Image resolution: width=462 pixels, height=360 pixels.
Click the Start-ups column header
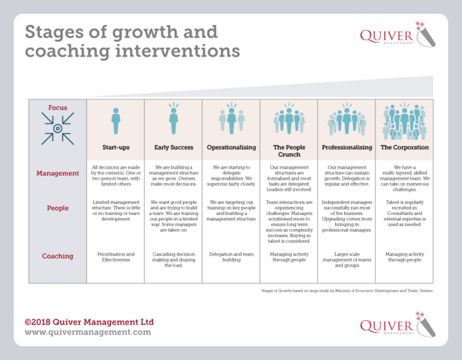point(115,147)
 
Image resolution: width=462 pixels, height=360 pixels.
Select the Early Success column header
point(173,147)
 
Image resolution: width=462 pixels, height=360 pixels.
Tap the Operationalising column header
point(231,147)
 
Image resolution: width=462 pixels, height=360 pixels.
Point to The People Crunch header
point(289,151)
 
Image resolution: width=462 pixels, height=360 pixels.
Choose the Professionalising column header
point(346,147)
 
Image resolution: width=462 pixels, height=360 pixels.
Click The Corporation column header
point(404,147)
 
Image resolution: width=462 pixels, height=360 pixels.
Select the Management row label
point(58,173)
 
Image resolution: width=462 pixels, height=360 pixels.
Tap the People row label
point(58,208)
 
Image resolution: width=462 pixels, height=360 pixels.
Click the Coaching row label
point(58,256)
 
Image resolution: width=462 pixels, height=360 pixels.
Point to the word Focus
point(58,108)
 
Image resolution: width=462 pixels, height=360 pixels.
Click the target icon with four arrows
point(58,129)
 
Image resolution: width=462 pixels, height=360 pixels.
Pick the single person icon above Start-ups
point(115,121)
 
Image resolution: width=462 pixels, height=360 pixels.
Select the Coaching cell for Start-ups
point(115,258)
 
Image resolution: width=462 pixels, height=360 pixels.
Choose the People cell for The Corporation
point(404,212)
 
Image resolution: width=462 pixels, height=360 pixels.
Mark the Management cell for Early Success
point(173,176)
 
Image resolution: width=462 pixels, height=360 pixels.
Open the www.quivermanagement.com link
point(88,332)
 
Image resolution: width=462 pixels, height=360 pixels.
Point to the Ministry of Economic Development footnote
point(347,291)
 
